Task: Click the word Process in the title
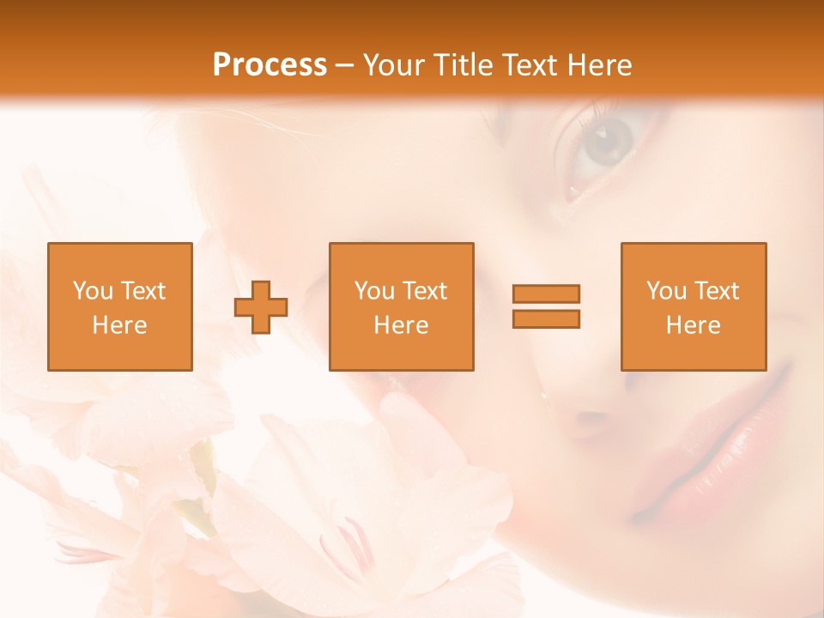click(x=270, y=65)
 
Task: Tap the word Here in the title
click(x=597, y=65)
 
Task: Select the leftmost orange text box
click(x=120, y=306)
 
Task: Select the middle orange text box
click(x=401, y=306)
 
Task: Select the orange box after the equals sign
click(x=693, y=306)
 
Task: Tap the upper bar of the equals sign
click(x=546, y=294)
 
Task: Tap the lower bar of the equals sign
click(x=546, y=318)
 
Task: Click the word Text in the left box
click(x=142, y=291)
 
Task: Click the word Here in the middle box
click(x=401, y=325)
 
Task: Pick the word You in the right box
click(x=666, y=291)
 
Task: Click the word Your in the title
click(x=394, y=65)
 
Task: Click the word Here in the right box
click(x=693, y=325)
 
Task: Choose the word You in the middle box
click(x=374, y=291)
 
